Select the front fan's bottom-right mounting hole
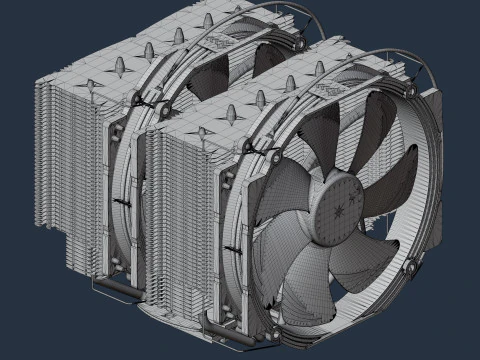tap(412, 267)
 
